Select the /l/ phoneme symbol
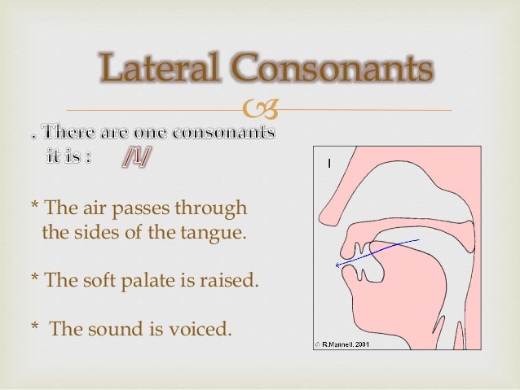pos(135,156)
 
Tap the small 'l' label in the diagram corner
pos(328,164)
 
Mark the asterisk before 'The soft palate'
pos(33,279)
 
